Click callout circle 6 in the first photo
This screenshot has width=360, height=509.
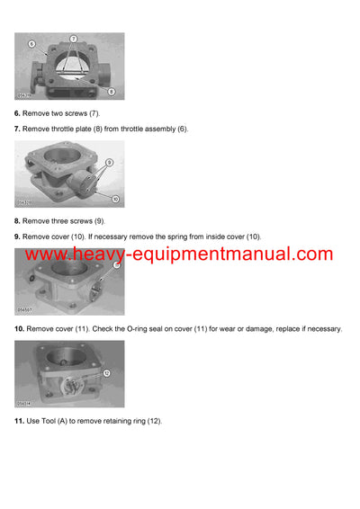point(31,42)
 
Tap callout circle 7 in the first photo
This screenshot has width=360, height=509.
point(74,40)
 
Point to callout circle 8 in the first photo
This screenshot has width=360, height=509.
point(110,92)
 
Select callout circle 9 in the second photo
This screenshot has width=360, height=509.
point(110,162)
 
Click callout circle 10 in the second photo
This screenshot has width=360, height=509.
point(115,198)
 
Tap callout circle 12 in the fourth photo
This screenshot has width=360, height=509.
point(106,371)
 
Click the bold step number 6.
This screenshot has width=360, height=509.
point(17,112)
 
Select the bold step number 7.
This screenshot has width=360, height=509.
point(17,129)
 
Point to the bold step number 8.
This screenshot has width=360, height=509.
point(17,220)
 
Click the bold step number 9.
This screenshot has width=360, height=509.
point(17,237)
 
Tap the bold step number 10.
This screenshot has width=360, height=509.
point(19,329)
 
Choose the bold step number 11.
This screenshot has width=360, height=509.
point(19,421)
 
